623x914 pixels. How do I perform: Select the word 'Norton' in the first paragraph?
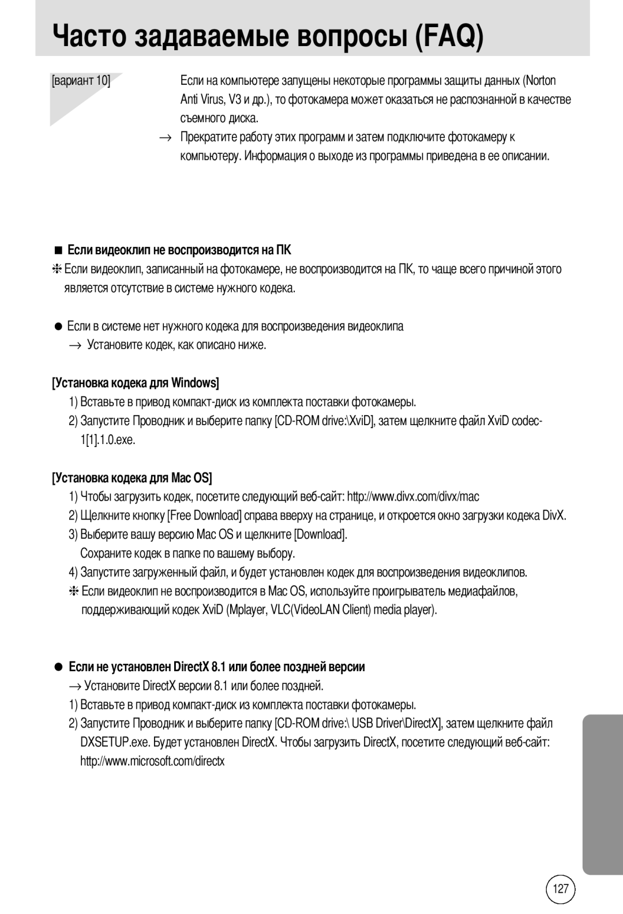pos(541,81)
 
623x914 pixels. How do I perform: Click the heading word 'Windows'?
pos(194,383)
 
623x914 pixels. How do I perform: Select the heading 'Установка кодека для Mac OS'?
pos(132,478)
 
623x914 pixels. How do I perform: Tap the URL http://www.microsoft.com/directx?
pos(152,761)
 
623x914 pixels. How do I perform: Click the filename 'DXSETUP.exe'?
pos(106,742)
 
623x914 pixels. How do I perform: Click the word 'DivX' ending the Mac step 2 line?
pos(554,516)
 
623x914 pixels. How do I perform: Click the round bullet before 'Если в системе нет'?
pos(58,326)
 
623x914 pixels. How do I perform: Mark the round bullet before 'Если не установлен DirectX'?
pos(58,667)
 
